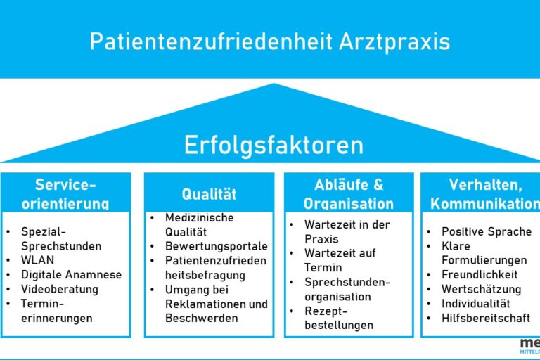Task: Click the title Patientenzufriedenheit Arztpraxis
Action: point(270,41)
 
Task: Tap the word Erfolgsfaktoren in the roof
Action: point(274,145)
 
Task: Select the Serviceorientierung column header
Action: point(65,193)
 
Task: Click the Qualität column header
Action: point(209,194)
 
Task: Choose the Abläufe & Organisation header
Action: point(349,193)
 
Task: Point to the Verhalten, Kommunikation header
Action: point(485,193)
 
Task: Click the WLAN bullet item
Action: point(37,260)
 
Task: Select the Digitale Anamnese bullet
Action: point(71,275)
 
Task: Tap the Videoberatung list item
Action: point(60,289)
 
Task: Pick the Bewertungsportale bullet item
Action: point(216,247)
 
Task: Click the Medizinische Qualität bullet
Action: point(199,225)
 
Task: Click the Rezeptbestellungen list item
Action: point(338,318)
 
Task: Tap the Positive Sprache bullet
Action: point(487,231)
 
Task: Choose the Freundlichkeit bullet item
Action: point(480,275)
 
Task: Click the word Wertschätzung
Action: point(481,289)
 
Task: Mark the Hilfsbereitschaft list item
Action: point(486,318)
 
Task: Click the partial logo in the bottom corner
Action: point(529,345)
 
